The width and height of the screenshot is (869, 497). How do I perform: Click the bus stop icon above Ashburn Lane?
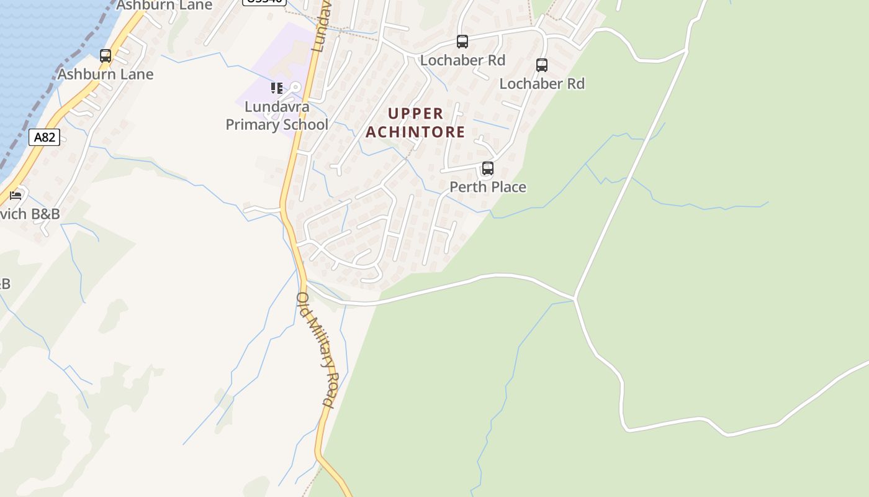(106, 56)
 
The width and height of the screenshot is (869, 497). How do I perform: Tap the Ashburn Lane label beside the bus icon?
(106, 75)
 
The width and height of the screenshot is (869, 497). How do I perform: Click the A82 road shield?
(44, 137)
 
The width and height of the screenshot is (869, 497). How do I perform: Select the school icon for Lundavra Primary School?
(276, 88)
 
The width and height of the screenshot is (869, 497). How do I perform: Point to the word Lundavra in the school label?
(277, 106)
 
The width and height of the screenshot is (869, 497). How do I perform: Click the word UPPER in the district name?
(416, 114)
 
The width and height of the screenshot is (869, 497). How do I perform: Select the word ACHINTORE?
(415, 132)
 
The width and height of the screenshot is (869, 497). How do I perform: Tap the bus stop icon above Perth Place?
(488, 168)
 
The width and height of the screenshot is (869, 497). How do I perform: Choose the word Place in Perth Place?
(507, 187)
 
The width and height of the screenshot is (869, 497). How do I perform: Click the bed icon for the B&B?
(16, 196)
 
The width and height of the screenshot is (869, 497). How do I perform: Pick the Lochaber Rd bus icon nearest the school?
(462, 42)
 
